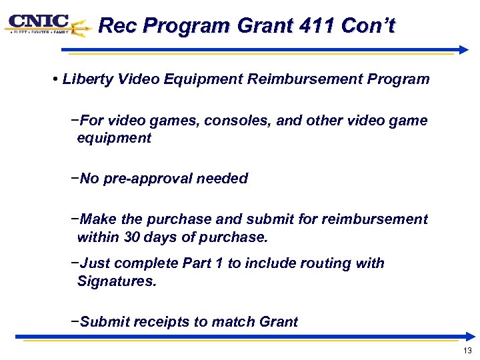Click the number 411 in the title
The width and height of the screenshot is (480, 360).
(x=315, y=26)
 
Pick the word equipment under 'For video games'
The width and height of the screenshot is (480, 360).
(x=114, y=138)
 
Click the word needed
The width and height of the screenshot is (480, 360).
(x=224, y=179)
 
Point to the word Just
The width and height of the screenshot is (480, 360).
(x=95, y=263)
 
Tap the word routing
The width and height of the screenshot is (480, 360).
(x=327, y=263)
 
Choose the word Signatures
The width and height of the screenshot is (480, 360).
(x=117, y=281)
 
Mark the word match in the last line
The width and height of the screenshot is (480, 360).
(x=230, y=322)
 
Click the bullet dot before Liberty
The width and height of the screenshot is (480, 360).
(x=53, y=80)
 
